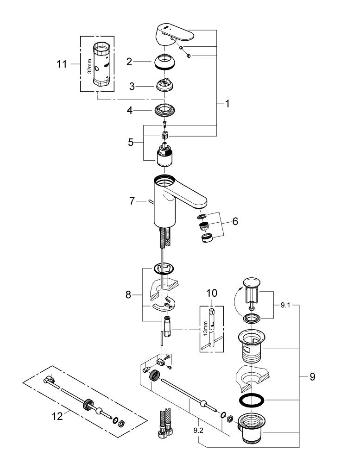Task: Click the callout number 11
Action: point(62,64)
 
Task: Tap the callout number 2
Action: point(130,62)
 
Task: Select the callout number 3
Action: point(132,86)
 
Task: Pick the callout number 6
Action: point(235,221)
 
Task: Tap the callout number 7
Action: point(132,201)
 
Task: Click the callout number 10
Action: point(212,293)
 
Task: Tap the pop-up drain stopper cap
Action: point(251,283)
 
